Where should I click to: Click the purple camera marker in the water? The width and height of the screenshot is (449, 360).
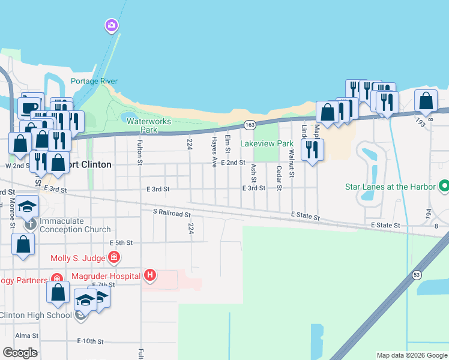point(111,25)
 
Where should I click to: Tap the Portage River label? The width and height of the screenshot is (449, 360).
point(94,82)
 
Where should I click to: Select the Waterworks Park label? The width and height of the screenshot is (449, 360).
point(148,125)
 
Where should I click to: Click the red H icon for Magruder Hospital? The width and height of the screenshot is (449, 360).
point(150,275)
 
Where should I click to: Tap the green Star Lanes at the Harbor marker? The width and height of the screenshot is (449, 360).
point(444,187)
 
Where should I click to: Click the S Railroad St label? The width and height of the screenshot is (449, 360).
point(172,213)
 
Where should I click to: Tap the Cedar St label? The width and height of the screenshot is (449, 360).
point(279,179)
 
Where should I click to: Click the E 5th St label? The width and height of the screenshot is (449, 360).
point(121,243)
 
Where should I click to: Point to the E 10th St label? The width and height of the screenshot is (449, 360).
point(91,341)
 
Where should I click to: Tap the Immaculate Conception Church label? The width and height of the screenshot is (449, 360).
point(76,225)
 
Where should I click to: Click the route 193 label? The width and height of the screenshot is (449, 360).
point(421,122)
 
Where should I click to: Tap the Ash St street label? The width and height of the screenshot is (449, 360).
point(253,173)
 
